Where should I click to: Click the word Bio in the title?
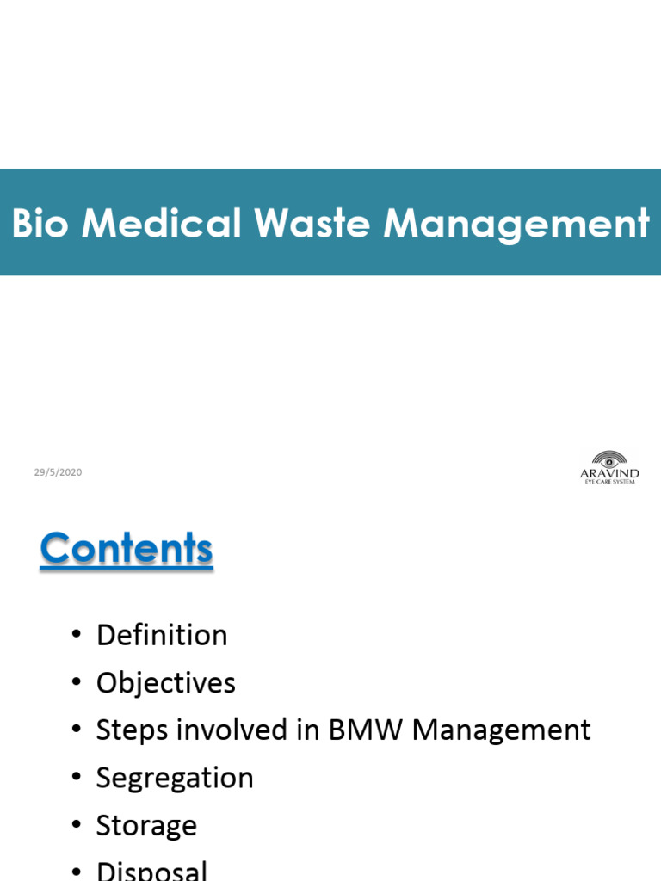pos(40,224)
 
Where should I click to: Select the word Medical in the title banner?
pos(161,224)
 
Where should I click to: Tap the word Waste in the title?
pos(312,224)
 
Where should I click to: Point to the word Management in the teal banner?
pos(516,224)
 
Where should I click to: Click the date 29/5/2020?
pos(58,472)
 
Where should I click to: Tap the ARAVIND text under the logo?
pos(610,473)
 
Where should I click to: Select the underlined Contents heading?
pos(126,548)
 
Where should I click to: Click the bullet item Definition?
pos(162,635)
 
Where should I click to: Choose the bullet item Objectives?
pos(165,682)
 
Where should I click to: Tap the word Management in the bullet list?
pos(501,730)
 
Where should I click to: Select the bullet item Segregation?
pos(175,778)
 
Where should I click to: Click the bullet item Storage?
pos(146,825)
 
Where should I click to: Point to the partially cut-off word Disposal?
pos(151,870)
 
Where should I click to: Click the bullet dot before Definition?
pos(77,636)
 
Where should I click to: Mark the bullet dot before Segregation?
pos(77,779)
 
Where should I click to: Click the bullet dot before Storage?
pos(77,826)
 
